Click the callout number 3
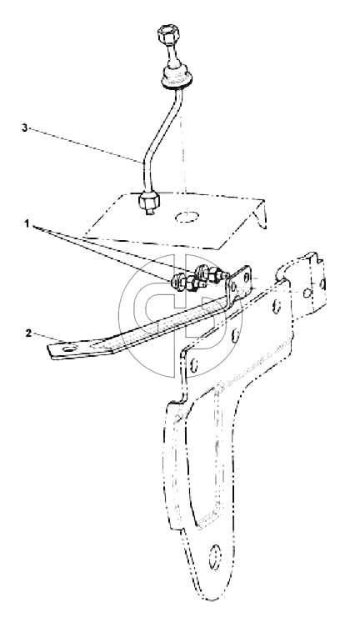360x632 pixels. tap(25, 128)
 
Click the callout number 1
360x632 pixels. tap(27, 224)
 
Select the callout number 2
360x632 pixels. tap(27, 334)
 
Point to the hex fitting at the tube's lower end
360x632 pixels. tap(149, 203)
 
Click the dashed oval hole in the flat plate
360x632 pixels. tap(187, 217)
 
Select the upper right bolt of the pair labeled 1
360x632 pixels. tap(210, 274)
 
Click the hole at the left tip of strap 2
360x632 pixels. tap(70, 347)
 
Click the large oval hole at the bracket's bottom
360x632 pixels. tap(216, 557)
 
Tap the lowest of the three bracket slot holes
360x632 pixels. tap(194, 365)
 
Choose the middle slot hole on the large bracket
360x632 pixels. tap(236, 334)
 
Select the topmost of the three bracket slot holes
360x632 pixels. tap(276, 306)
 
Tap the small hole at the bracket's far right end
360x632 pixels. tap(322, 284)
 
